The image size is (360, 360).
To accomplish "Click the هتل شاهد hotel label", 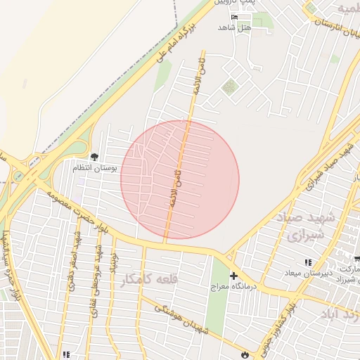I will click(234, 27).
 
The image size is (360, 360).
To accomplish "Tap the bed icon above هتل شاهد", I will click(235, 17).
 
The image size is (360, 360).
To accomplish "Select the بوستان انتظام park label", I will click(98, 168).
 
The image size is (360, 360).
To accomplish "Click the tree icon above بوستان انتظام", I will click(95, 157).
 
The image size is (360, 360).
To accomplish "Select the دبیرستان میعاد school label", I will click(308, 272).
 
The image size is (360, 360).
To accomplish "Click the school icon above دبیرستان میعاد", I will click(309, 261).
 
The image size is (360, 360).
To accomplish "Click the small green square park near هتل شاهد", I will click(229, 87).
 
